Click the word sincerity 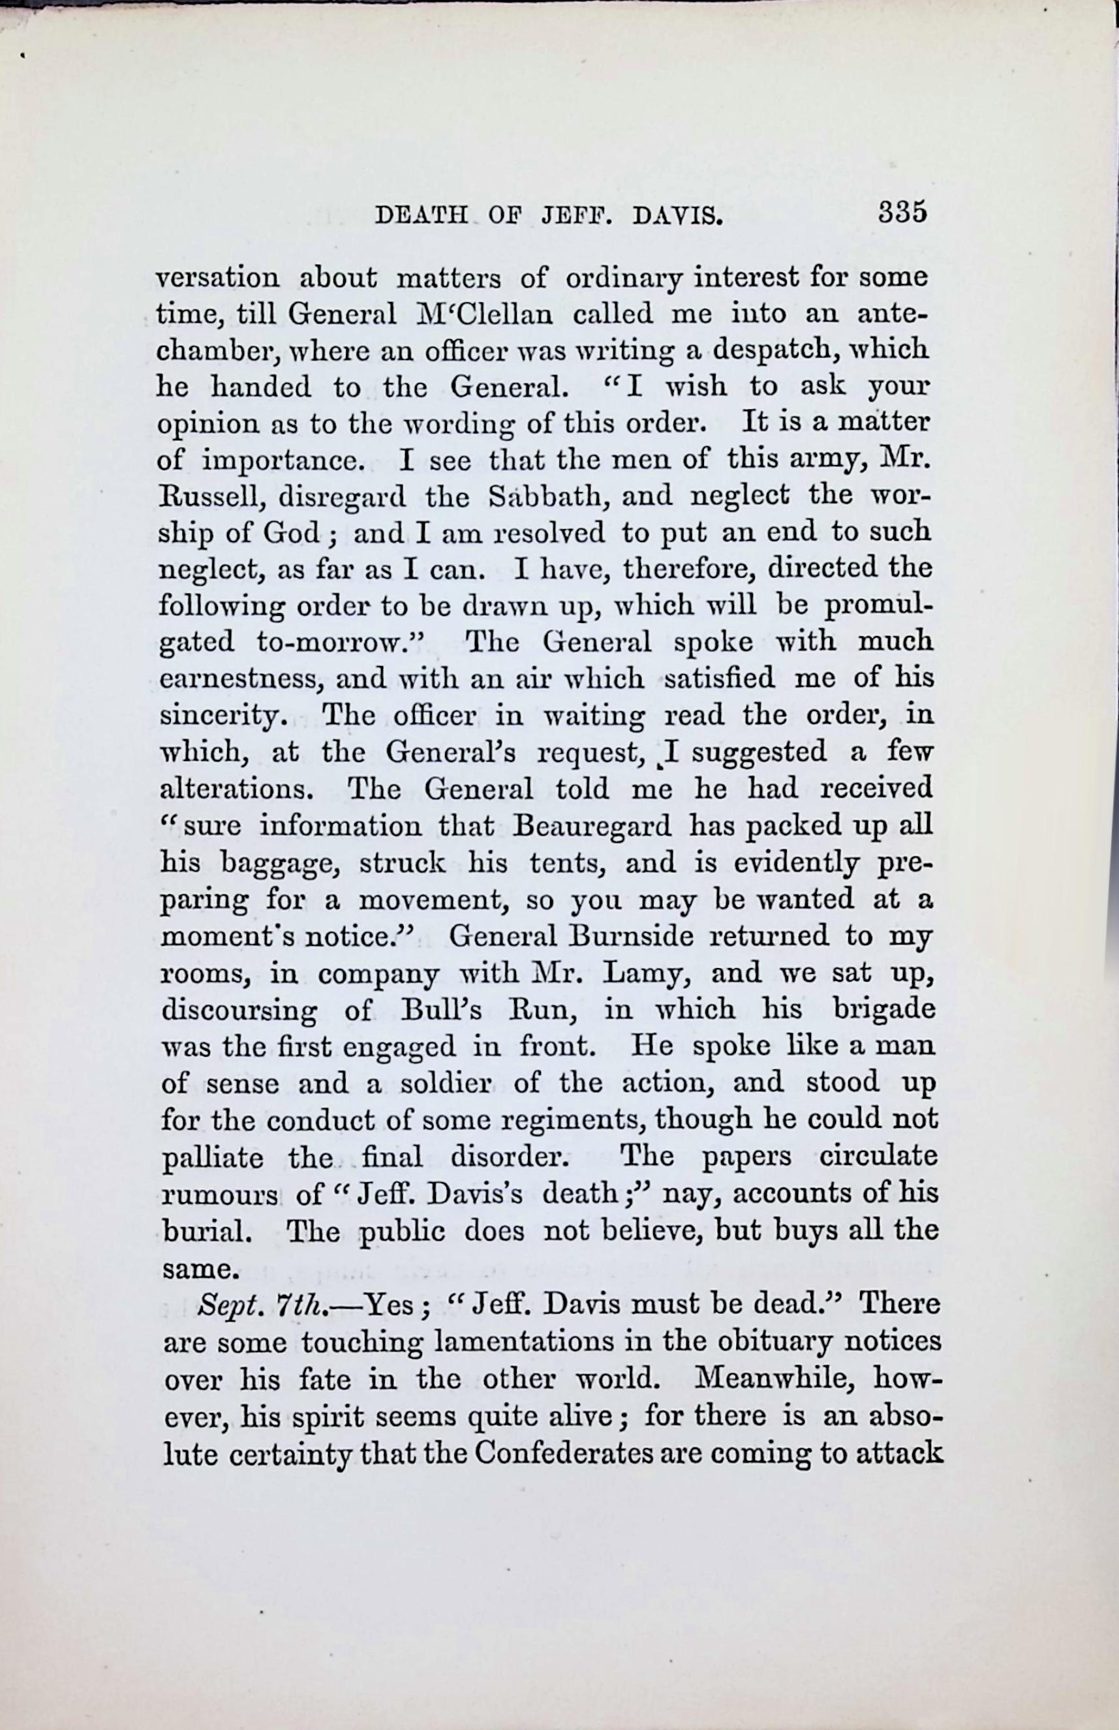pos(220,716)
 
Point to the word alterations pos(236,789)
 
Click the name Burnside pos(632,936)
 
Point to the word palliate pos(211,1157)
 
